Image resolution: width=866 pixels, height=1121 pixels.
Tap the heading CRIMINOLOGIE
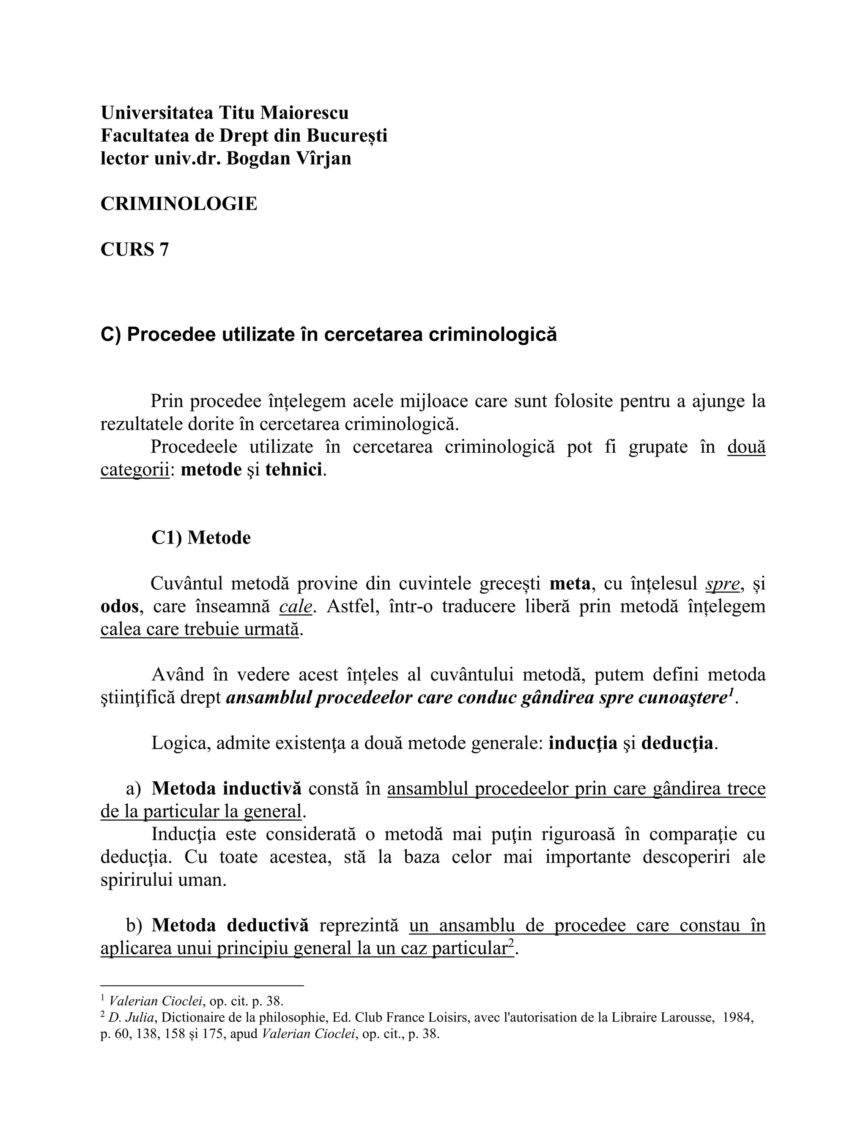178,204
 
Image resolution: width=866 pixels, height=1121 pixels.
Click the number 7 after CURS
164,250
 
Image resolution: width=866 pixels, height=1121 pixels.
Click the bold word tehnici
293,470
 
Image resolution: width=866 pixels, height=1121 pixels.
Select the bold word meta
570,584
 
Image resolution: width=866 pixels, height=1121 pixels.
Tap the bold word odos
119,606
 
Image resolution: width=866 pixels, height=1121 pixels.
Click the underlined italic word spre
723,584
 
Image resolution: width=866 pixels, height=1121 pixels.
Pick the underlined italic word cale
296,606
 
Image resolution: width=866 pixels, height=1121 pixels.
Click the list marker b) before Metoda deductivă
134,926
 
